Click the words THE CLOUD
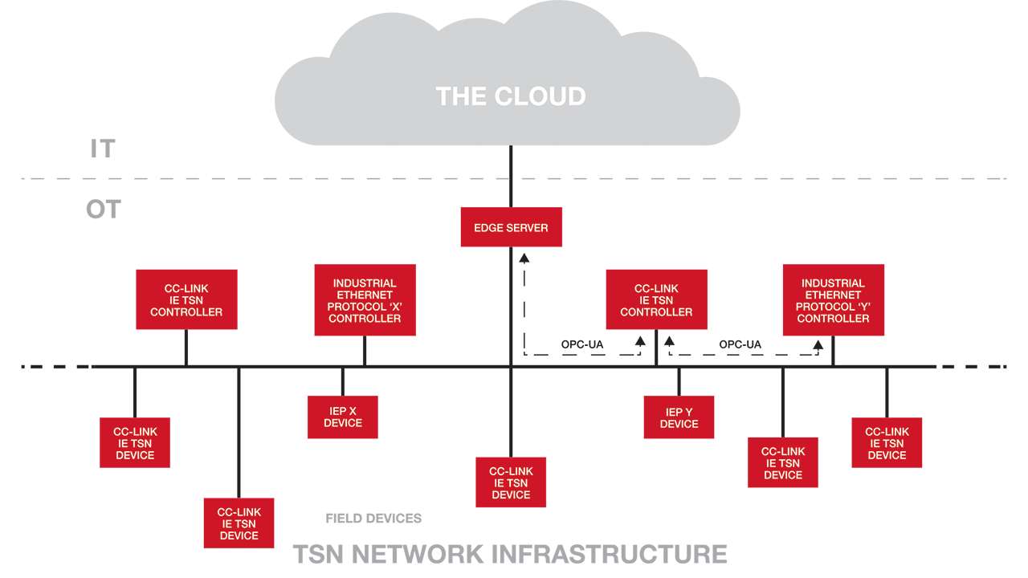(511, 96)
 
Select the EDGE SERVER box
(511, 227)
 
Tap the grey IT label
(103, 149)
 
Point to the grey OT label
(103, 210)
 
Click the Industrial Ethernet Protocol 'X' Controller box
(365, 300)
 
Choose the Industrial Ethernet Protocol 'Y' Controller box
(833, 300)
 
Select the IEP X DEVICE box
(342, 417)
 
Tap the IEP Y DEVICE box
(679, 417)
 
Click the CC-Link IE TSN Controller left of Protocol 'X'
(186, 299)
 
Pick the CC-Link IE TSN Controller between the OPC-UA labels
(656, 299)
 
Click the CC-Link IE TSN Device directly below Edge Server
(511, 482)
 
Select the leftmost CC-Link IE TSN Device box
(135, 442)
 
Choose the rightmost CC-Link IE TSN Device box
(887, 442)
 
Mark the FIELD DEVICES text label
(373, 519)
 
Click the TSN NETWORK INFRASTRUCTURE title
(510, 554)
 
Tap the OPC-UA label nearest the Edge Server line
(582, 345)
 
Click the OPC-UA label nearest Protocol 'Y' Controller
(740, 345)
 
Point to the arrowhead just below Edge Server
(524, 258)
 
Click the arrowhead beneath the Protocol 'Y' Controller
(818, 345)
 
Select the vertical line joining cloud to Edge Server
(511, 176)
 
